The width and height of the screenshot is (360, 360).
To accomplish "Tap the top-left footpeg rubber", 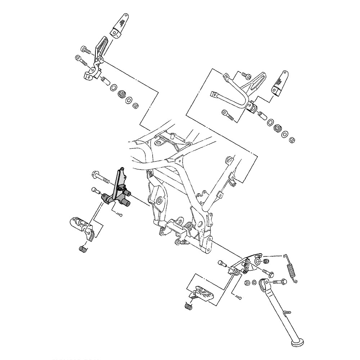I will tap(121, 24).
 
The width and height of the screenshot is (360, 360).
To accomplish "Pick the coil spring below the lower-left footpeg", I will tap(83, 248).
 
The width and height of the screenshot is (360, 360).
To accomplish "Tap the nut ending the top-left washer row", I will tap(136, 105).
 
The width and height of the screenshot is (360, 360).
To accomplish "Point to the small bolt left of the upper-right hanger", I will tap(246, 75).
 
